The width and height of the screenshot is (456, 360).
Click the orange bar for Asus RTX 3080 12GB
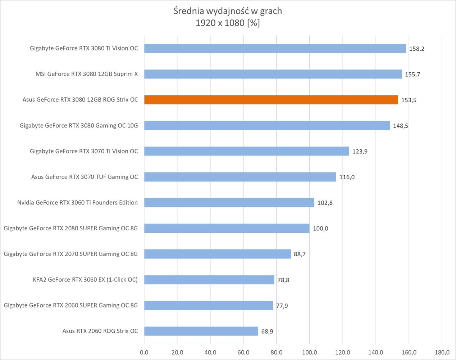[x=271, y=100]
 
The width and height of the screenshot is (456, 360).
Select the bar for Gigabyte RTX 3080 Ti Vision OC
[x=275, y=48]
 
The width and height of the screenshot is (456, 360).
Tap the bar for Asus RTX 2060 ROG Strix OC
[x=201, y=331]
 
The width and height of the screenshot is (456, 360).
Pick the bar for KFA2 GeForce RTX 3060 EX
[x=209, y=280]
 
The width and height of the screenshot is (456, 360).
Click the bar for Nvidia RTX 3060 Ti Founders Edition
[x=229, y=203]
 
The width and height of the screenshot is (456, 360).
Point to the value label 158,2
[x=416, y=49]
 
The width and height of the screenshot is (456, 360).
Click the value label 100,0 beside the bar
[x=320, y=229]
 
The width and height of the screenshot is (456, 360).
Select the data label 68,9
[x=267, y=331]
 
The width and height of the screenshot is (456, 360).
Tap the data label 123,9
[x=360, y=152]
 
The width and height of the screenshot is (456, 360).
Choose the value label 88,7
[x=300, y=254]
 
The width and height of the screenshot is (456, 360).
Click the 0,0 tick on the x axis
[x=144, y=352]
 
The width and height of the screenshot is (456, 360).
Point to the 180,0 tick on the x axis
[x=442, y=352]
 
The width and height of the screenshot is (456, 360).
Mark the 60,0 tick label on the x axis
[x=243, y=352]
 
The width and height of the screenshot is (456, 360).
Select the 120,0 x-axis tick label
[x=343, y=352]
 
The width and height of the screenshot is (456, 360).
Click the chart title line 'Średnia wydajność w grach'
[x=228, y=11]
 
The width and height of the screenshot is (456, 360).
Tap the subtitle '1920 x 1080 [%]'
[x=228, y=23]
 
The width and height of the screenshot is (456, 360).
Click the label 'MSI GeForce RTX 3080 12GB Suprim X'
[x=87, y=74]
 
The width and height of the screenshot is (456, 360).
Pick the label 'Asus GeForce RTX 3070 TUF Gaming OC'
[x=85, y=177]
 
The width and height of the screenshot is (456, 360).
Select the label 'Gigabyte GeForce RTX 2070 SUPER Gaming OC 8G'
[x=71, y=254]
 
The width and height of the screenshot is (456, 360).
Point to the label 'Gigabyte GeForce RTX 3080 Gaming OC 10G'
[x=79, y=126]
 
